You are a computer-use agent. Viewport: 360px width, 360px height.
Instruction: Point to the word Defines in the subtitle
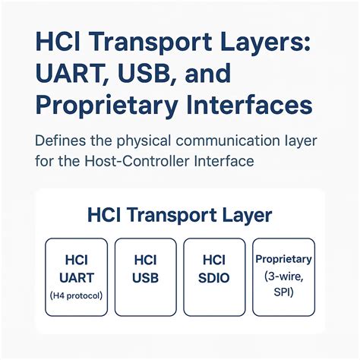(62, 141)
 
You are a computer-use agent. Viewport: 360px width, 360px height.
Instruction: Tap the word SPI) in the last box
(283, 292)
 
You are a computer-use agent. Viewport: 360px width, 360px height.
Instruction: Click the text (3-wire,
(283, 276)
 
